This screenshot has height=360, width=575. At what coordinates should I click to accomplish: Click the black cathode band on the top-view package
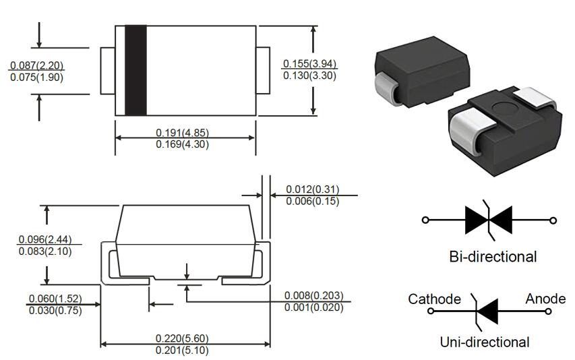(x=135, y=70)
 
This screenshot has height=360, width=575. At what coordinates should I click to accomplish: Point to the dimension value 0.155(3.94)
(x=309, y=63)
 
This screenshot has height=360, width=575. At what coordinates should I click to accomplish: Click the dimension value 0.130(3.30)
(x=309, y=76)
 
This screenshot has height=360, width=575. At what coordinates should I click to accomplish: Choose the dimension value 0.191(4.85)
(x=182, y=133)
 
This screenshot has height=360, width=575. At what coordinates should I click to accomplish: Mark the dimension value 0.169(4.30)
(x=182, y=144)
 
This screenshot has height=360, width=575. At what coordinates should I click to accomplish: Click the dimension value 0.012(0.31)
(x=312, y=189)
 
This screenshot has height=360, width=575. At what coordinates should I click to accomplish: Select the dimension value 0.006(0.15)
(x=312, y=201)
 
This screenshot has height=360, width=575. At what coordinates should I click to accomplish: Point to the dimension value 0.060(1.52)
(x=56, y=298)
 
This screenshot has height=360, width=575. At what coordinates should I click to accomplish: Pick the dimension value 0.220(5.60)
(x=182, y=338)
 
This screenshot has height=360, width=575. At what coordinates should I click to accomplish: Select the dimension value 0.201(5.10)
(x=182, y=351)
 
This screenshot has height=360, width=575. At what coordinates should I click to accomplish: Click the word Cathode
(x=435, y=299)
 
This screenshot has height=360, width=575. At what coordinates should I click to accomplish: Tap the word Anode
(x=545, y=299)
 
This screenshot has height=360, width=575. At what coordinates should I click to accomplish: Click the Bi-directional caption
(x=493, y=257)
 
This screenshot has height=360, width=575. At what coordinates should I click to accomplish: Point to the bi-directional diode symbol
(x=489, y=220)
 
